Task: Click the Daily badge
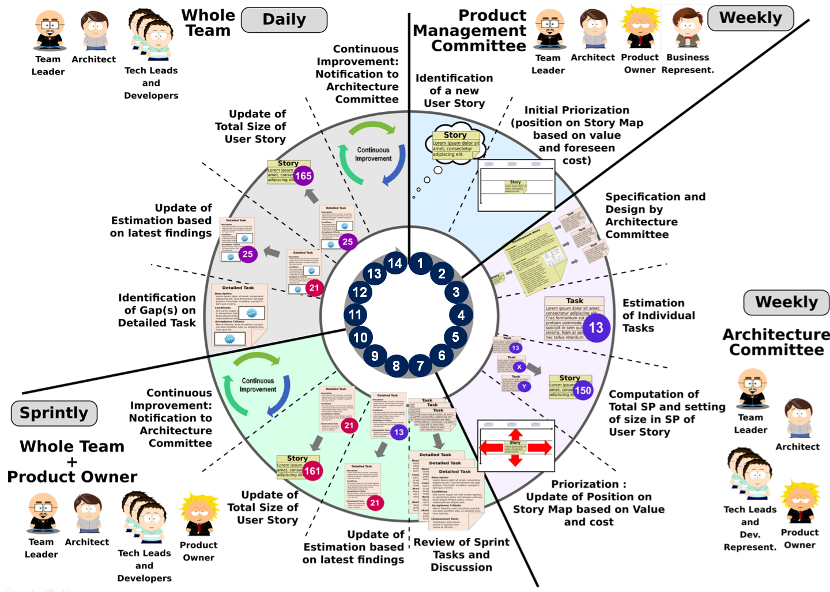(x=284, y=20)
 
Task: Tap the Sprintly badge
(x=54, y=413)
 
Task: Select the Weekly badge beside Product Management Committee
(x=750, y=18)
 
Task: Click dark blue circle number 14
(x=395, y=263)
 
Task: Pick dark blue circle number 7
(x=420, y=365)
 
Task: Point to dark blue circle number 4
(x=461, y=315)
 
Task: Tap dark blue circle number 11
(x=355, y=315)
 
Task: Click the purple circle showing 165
(x=303, y=176)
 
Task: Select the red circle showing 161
(x=312, y=471)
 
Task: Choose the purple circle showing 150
(x=583, y=390)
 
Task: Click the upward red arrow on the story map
(x=515, y=434)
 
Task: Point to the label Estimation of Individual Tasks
(x=658, y=315)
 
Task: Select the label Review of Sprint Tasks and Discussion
(x=461, y=555)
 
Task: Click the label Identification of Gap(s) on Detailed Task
(x=157, y=310)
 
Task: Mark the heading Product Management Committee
(x=470, y=31)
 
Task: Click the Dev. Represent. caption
(x=750, y=541)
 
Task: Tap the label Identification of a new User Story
(x=454, y=91)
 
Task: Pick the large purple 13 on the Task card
(x=596, y=328)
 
